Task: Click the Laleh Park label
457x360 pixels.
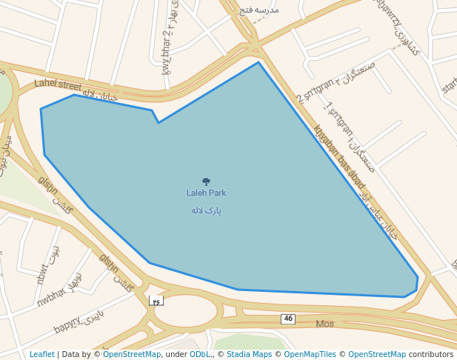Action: click(206, 193)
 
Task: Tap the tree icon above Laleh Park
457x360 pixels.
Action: click(206, 181)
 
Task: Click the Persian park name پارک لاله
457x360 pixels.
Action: click(206, 210)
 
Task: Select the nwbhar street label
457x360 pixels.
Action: click(51, 297)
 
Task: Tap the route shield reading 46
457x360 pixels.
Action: click(288, 319)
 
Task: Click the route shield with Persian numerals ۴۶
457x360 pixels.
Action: click(156, 301)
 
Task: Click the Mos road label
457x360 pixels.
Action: click(324, 324)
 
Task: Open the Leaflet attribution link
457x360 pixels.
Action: click(42, 354)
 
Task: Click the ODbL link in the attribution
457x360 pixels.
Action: click(200, 354)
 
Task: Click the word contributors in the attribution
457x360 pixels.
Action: click(431, 354)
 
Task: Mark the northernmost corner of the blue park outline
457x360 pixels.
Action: click(258, 62)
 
